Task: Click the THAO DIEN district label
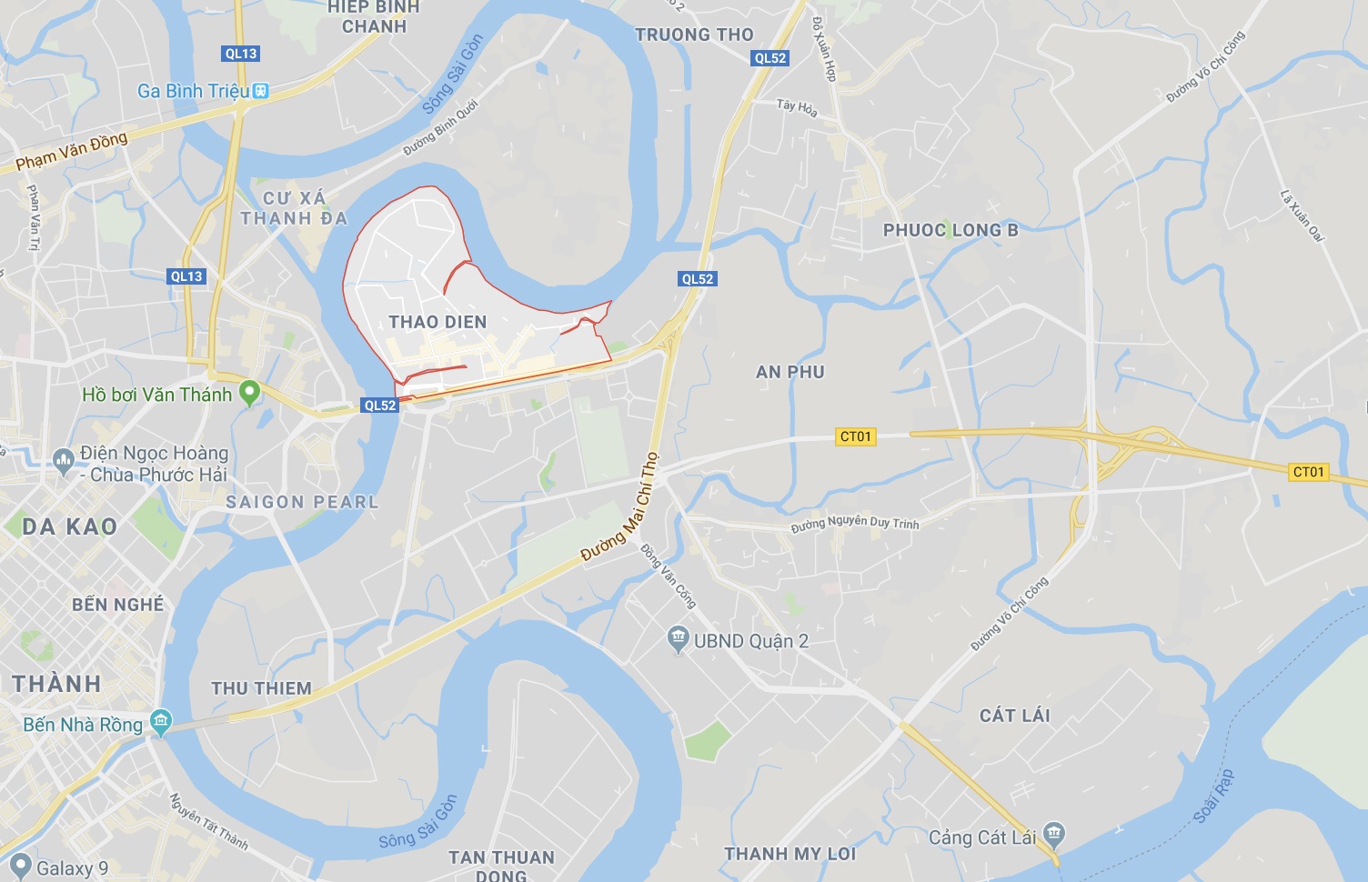point(438,322)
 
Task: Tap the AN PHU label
point(790,372)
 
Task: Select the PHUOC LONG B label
point(951,230)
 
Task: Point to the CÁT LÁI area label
point(1014,716)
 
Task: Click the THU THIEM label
point(262,688)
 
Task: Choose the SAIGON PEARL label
point(302,502)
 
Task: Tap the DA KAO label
point(69,526)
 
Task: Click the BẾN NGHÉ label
point(118,605)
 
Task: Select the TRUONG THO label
point(694,35)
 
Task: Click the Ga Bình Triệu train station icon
point(261,91)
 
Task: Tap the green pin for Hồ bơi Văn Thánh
point(248,393)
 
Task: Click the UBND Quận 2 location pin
point(679,639)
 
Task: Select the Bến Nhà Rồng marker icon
point(161,723)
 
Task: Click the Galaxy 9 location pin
point(20,867)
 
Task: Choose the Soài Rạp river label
point(1213,797)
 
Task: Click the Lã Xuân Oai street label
point(1302,215)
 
